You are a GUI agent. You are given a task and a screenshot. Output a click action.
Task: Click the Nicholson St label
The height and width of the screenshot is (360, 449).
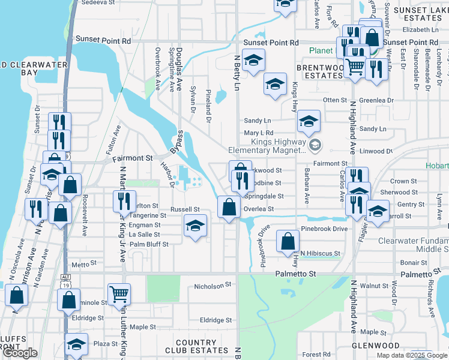[212, 287]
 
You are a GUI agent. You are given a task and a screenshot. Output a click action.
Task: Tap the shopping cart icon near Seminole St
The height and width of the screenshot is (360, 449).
[120, 294]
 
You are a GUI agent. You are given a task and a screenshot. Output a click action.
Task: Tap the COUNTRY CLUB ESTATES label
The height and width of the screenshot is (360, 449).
[196, 347]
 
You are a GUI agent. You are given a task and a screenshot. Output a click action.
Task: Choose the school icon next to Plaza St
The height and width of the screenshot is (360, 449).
[76, 345]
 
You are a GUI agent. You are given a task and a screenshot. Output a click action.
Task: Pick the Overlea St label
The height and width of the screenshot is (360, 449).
[258, 209]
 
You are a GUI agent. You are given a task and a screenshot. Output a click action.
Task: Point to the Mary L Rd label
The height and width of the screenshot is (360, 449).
[258, 133]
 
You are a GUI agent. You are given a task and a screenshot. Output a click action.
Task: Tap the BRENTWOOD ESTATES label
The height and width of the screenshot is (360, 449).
[320, 73]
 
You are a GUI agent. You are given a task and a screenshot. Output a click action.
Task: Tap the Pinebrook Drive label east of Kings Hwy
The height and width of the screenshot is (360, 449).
[324, 229]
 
